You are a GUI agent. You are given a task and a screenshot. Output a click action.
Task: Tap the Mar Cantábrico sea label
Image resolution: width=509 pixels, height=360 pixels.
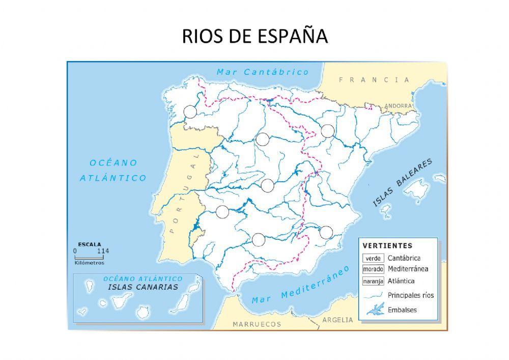pos(263,72)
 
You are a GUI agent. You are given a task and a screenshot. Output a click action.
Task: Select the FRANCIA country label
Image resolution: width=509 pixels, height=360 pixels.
pos(374,80)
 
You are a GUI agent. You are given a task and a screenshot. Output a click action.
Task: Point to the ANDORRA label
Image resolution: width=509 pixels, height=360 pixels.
pos(398,106)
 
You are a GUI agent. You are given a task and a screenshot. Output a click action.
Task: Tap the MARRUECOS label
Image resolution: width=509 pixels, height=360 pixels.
pos(257,324)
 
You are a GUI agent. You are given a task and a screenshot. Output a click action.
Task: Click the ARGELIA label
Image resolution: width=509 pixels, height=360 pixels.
pos(337,320)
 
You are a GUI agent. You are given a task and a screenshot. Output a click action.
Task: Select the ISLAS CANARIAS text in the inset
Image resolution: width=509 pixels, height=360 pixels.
pos(143,287)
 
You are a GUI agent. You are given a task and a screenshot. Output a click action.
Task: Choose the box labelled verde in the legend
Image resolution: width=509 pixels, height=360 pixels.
pos(373,258)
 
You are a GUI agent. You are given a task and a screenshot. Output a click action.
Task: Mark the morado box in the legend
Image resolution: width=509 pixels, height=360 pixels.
pos(373,269)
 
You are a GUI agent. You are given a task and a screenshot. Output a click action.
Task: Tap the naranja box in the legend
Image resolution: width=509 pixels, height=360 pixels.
pos(373,281)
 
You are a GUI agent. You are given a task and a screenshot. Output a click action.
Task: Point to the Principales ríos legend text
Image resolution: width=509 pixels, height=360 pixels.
pos(410,295)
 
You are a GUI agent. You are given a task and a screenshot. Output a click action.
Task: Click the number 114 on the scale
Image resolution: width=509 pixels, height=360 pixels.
pos(103,251)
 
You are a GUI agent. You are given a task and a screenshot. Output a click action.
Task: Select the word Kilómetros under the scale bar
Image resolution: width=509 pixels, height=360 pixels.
pos(89,263)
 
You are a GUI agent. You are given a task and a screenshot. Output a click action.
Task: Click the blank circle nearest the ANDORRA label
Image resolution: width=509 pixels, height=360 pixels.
pos(328,131)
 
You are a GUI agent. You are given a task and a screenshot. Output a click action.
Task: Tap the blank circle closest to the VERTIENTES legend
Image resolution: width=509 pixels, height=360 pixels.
pos(326,233)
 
